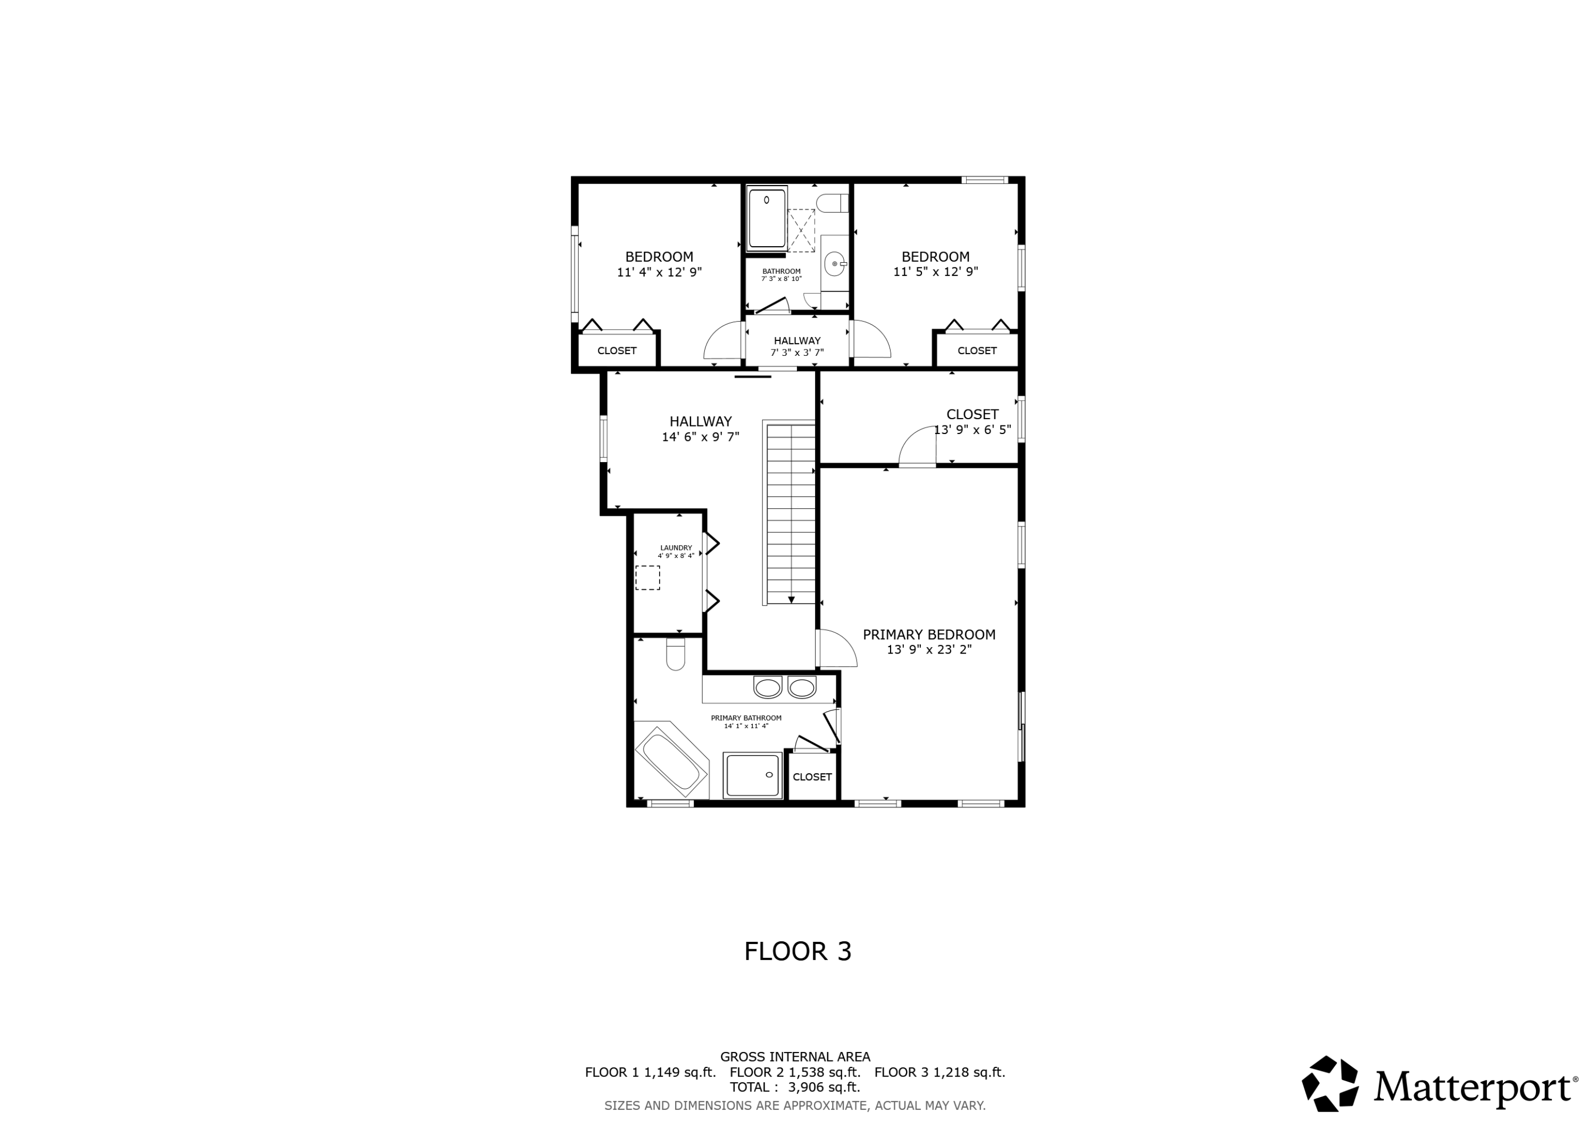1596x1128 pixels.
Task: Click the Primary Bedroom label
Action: point(929,634)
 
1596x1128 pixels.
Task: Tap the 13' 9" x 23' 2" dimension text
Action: point(929,650)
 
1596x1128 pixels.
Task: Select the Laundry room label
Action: point(676,548)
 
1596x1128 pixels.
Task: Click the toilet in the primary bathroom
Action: point(675,654)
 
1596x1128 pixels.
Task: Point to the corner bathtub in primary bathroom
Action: point(671,762)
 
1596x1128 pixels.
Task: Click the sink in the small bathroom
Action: point(834,264)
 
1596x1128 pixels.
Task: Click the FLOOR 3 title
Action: point(797,951)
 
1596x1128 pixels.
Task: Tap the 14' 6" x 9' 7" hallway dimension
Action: point(700,437)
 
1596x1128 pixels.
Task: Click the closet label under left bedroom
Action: point(617,350)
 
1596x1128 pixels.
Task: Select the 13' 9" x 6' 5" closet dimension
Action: point(972,430)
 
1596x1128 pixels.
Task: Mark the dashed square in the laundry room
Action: point(647,578)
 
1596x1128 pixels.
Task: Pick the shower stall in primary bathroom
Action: point(752,775)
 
